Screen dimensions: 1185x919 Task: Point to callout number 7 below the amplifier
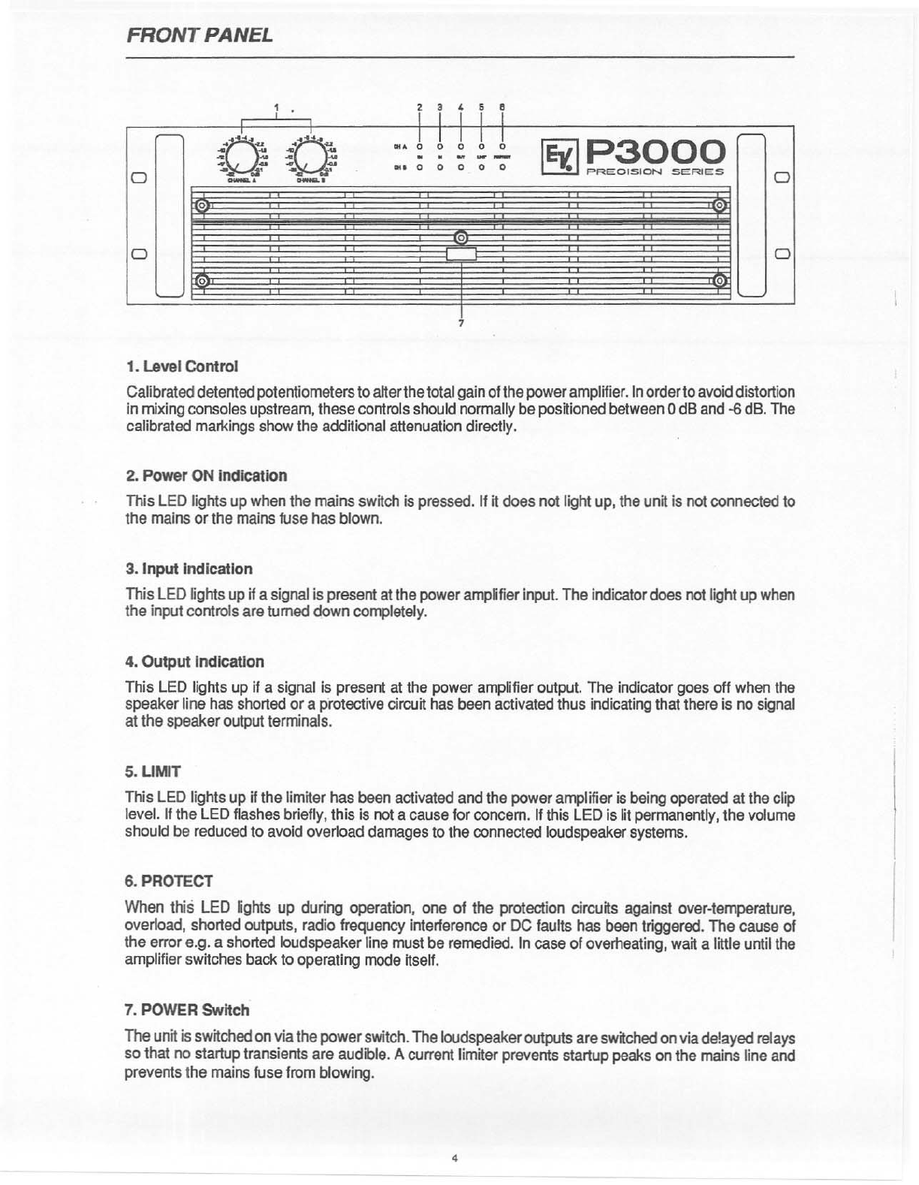[461, 324]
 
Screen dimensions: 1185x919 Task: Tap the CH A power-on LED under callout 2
[420, 146]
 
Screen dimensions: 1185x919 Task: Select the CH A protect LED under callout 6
[502, 146]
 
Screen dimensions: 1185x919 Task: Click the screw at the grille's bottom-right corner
[719, 281]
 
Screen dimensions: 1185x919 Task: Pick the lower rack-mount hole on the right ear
[781, 252]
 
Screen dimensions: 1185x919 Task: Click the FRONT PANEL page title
[199, 35]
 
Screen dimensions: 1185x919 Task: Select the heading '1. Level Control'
[182, 366]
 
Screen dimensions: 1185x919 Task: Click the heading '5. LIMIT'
[153, 771]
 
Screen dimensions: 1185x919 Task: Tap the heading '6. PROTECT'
[169, 880]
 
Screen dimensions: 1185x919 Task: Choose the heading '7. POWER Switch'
[187, 1010]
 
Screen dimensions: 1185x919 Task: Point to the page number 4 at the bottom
[455, 1157]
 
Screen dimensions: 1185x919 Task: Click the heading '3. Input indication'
[188, 568]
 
